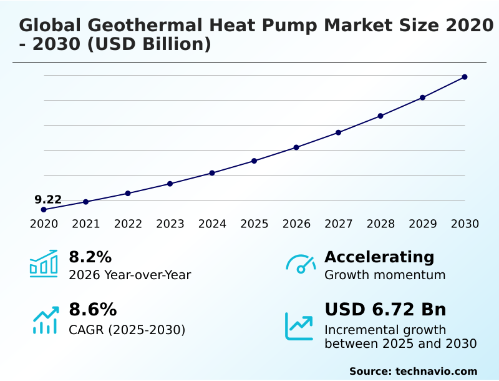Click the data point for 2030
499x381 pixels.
point(465,77)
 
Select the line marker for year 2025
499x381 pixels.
point(254,161)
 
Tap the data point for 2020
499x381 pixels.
point(44,210)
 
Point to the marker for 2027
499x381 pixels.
point(338,132)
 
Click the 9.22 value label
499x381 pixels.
point(48,200)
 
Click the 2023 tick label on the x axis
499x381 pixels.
point(170,224)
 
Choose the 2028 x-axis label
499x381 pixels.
point(380,224)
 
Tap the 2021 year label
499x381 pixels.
point(85,224)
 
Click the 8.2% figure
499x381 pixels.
point(90,257)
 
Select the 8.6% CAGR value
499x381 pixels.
point(92,310)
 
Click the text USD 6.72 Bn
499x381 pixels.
point(385,310)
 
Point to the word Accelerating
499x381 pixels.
point(379,257)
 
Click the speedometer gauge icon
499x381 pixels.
point(301,264)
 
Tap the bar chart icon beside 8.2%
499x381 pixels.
point(44,264)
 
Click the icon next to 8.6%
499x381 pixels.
point(45,320)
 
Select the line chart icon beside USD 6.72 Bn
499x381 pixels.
point(299,326)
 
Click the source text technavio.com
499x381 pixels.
point(436,371)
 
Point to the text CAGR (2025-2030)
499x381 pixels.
point(127,330)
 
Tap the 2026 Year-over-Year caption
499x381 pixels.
point(130,275)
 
